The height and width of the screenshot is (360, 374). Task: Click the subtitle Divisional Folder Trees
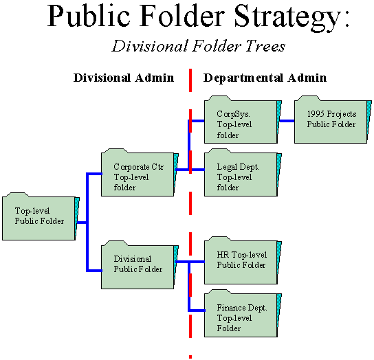tap(199, 46)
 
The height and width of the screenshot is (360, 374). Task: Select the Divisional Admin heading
tap(124, 78)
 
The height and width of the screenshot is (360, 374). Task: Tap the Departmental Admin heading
tap(265, 78)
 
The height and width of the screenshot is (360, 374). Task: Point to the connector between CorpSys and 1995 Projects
tap(287, 121)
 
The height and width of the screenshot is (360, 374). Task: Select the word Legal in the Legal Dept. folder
tap(227, 167)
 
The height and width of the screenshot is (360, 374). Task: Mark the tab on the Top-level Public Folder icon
tap(16, 194)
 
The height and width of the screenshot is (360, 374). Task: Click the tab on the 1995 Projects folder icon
tap(309, 98)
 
